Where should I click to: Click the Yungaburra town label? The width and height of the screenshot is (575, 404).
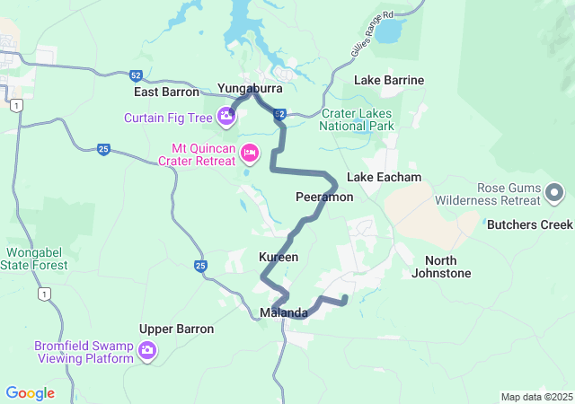tap(250, 89)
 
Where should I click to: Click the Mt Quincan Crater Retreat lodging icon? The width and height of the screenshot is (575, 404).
tap(251, 154)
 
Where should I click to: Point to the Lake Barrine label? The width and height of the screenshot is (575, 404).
tap(389, 80)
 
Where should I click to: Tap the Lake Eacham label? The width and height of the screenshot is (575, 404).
tap(384, 177)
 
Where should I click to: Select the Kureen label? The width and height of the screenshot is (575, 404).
tap(279, 257)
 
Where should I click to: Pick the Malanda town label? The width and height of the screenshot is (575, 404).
tap(284, 313)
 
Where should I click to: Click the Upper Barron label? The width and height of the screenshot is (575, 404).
tap(177, 329)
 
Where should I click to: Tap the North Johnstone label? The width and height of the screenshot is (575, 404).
tap(441, 267)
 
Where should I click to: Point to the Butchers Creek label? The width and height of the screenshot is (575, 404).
tap(529, 224)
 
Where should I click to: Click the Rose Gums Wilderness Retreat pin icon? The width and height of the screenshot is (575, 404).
tap(554, 192)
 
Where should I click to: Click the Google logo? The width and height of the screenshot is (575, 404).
tap(30, 393)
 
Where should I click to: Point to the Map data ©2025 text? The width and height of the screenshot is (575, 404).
tap(535, 397)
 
